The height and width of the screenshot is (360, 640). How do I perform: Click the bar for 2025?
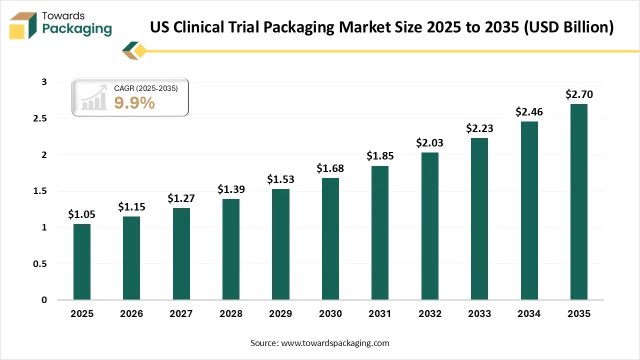pos(81,262)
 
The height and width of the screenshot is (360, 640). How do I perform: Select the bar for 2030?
pos(330,239)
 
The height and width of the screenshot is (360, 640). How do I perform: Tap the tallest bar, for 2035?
pos(578,202)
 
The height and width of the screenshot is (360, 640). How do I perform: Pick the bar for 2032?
pos(429,226)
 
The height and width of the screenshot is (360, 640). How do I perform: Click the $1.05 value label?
pos(81,214)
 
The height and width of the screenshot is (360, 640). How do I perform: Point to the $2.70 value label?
pos(578,94)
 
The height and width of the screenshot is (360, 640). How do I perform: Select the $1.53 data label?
pos(280,179)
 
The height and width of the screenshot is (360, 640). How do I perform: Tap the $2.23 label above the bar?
pos(479,128)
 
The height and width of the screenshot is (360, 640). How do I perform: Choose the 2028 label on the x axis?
pos(230,314)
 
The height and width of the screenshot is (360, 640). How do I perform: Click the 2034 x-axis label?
pos(529,314)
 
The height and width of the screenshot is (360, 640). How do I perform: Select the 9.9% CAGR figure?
pos(134,103)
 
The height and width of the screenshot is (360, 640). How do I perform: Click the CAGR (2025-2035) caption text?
pos(145,88)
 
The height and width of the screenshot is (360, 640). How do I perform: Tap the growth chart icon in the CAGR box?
pos(94,97)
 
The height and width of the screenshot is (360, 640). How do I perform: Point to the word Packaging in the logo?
pos(77,29)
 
